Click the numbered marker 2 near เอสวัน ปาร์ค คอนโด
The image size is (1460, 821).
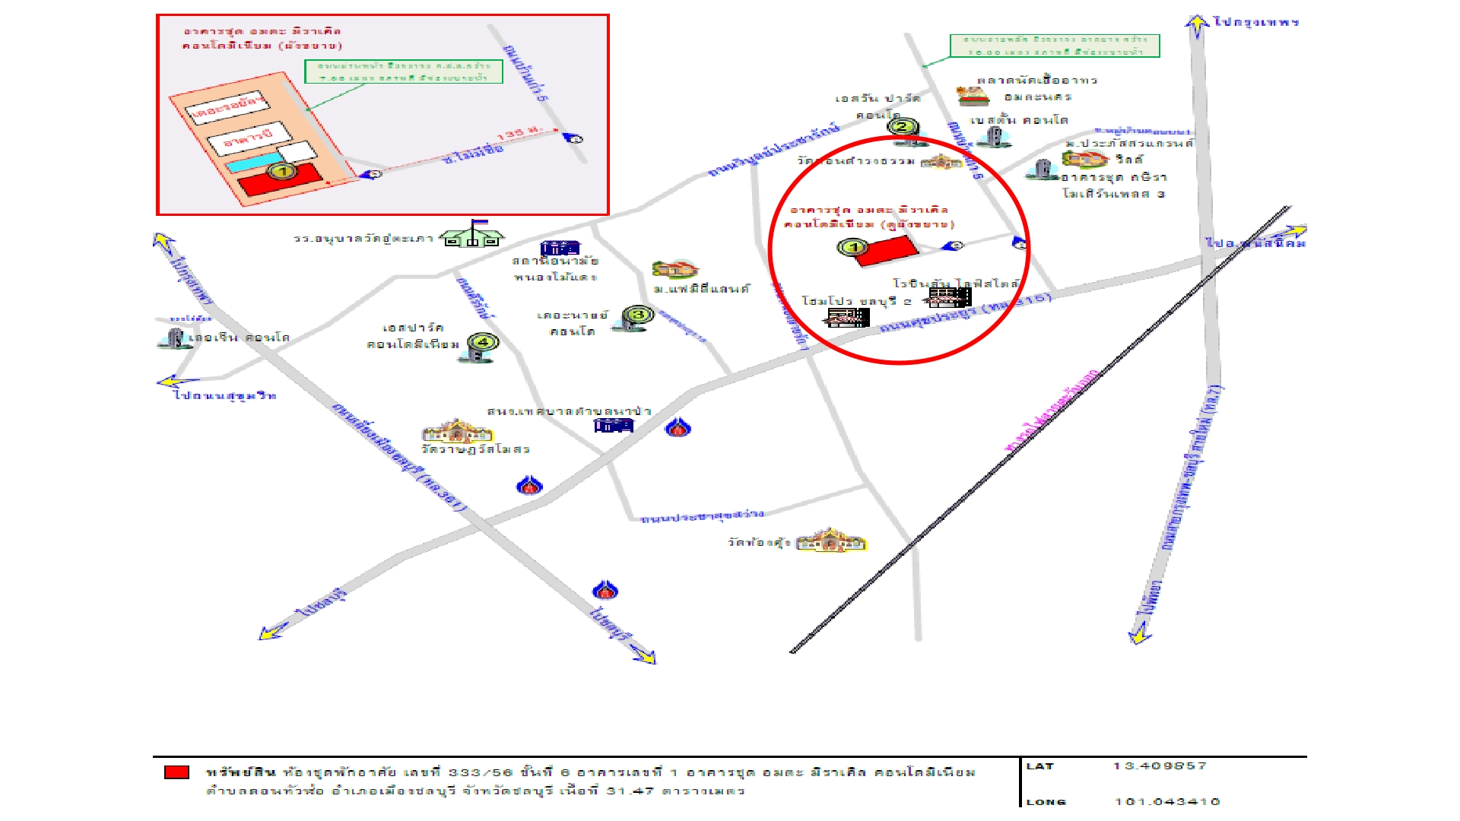(x=902, y=128)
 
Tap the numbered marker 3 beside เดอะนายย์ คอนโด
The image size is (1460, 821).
(x=638, y=315)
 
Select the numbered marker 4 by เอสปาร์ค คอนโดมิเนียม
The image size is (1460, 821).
(x=482, y=342)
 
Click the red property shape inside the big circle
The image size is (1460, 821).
(x=886, y=251)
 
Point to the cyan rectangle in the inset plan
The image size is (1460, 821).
(x=255, y=163)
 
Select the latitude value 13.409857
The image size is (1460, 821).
(x=1159, y=766)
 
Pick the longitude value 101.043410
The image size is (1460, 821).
(x=1166, y=801)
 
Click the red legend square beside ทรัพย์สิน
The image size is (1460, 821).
(x=176, y=772)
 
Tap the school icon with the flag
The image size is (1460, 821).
(x=473, y=235)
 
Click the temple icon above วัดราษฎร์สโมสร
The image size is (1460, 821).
(x=457, y=432)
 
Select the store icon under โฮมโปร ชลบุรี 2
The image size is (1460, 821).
(x=846, y=317)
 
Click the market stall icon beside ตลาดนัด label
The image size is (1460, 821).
(x=973, y=97)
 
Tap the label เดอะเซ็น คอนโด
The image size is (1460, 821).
(x=239, y=338)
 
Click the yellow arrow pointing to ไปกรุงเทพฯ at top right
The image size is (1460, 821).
(x=1197, y=25)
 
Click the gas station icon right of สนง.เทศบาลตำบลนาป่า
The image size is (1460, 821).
(x=678, y=428)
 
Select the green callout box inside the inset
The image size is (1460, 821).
(x=404, y=71)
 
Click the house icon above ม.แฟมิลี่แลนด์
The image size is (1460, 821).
(x=674, y=269)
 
